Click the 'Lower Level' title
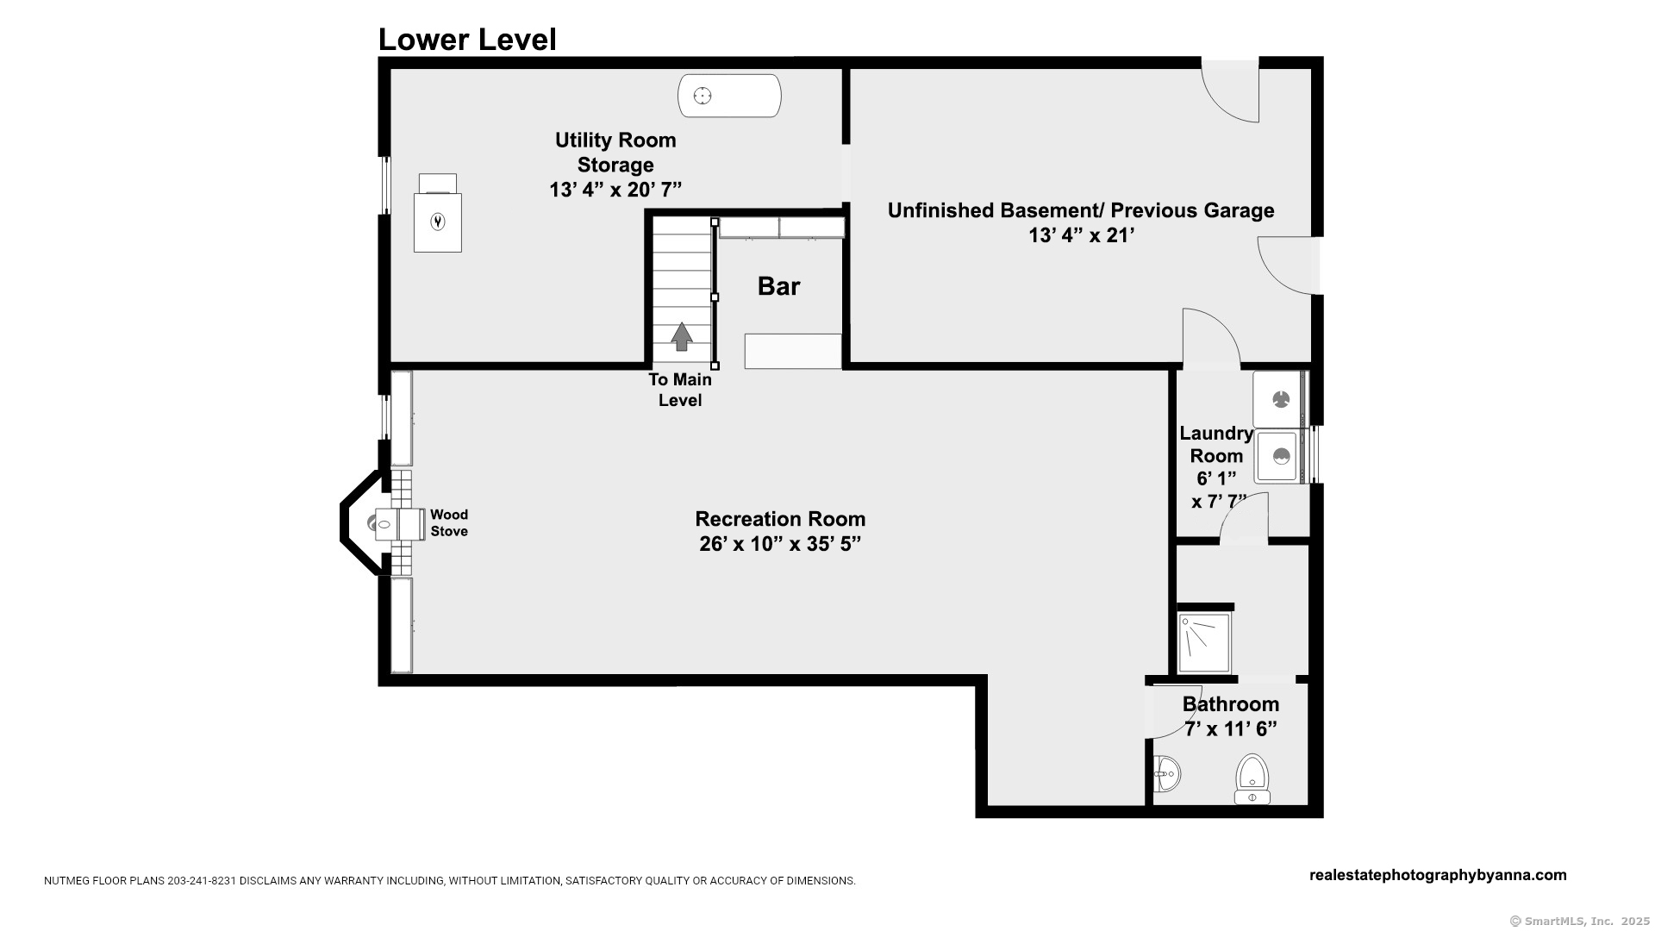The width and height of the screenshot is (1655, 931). pyautogui.click(x=467, y=40)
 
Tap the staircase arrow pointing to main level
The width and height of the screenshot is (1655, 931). pyautogui.click(x=682, y=336)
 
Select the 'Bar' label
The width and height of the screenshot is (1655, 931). pyautogui.click(x=778, y=286)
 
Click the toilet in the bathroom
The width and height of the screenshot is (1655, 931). pyautogui.click(x=1252, y=778)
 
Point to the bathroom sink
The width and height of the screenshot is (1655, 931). pyautogui.click(x=1166, y=774)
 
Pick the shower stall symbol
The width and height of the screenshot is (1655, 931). pyautogui.click(x=1203, y=643)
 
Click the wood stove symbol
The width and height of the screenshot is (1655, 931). pyautogui.click(x=398, y=523)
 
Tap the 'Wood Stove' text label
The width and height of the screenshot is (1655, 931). pyautogui.click(x=449, y=523)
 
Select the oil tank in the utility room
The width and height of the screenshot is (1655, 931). pyautogui.click(x=729, y=96)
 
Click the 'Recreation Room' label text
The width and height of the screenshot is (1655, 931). pyautogui.click(x=780, y=519)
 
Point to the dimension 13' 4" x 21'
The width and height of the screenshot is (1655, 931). pyautogui.click(x=1081, y=235)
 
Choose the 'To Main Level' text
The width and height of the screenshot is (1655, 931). pyautogui.click(x=680, y=390)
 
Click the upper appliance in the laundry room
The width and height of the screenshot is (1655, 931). pyautogui.click(x=1280, y=399)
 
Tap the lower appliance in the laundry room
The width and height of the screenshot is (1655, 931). pyautogui.click(x=1280, y=457)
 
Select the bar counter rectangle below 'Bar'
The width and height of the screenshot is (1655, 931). pyautogui.click(x=793, y=351)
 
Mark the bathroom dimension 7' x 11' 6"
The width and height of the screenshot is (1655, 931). pyautogui.click(x=1230, y=729)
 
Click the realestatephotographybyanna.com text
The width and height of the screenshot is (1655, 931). pyautogui.click(x=1437, y=875)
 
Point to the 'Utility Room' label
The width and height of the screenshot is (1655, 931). pyautogui.click(x=615, y=140)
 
